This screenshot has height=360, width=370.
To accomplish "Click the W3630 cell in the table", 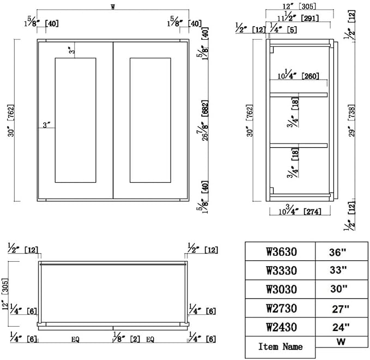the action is pos(280,251).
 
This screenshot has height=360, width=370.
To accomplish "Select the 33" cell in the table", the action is pos(342,270).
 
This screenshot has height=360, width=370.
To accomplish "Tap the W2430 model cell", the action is pos(280,327).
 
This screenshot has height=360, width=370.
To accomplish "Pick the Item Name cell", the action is pos(280,347).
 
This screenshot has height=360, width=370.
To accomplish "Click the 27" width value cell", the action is pos(342,308).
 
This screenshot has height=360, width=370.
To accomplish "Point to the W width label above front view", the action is pos(113,7).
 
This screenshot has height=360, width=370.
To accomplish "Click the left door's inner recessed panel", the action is pos(76,120).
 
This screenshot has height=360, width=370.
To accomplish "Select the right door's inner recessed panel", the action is pos(150,120).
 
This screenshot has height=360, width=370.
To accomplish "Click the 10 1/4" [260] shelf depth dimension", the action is pos(298,75).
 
